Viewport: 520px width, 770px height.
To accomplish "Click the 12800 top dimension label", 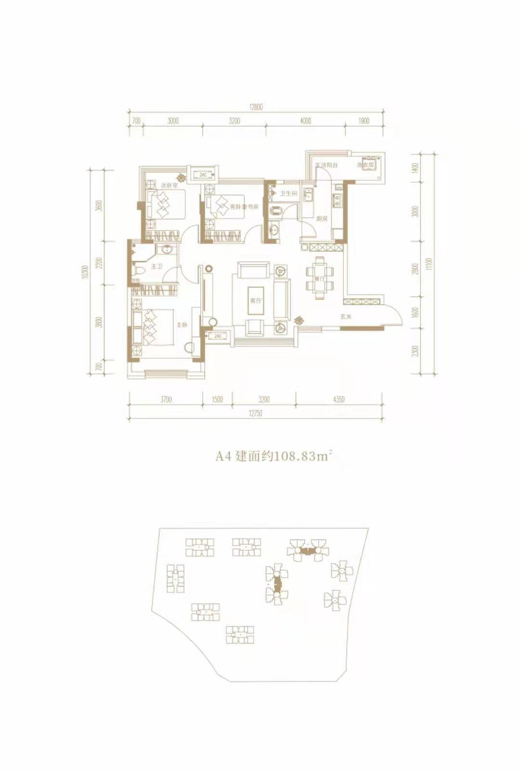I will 256,107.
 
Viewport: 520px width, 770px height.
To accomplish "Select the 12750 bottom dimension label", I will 255,413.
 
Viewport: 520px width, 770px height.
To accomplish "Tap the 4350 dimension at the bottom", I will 338,399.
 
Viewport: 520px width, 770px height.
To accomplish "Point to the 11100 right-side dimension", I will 429,264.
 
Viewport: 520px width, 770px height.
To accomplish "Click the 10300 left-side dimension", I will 85,272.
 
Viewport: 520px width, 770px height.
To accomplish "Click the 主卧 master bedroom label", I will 182,325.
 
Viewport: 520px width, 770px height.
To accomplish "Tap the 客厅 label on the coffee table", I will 256,301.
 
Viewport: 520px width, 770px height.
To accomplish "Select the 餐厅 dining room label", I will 319,278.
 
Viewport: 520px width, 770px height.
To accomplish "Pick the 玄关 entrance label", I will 346,316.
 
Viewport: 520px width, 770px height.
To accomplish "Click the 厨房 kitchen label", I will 322,218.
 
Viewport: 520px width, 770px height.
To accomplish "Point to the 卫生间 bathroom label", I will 289,193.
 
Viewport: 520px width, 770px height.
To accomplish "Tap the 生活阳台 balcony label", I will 326,165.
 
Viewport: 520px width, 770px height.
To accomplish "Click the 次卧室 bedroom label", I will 169,185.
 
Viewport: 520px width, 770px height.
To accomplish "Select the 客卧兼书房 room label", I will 244,207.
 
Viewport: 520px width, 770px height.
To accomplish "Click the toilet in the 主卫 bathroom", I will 139,270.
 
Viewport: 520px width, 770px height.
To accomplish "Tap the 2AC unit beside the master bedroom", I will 218,336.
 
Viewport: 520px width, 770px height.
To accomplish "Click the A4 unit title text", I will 273,456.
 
